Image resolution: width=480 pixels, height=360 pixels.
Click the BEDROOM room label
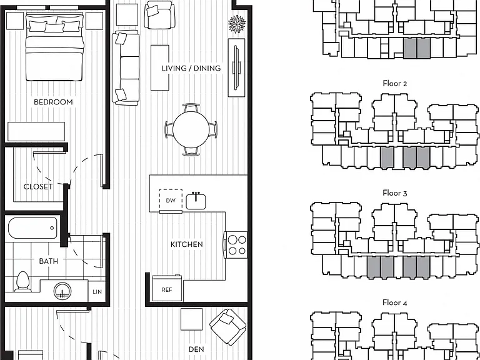(x=53, y=102)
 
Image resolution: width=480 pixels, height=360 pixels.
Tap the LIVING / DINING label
(x=191, y=68)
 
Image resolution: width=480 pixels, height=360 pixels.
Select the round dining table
(x=191, y=129)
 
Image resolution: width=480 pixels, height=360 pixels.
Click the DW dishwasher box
(x=171, y=201)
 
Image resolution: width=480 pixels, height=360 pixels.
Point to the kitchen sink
(x=196, y=201)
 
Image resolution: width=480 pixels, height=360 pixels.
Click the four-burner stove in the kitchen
(x=236, y=244)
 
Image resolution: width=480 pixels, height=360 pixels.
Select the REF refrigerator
(x=167, y=288)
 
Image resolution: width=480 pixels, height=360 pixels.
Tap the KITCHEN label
(x=187, y=244)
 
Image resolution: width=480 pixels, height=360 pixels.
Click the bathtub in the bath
(x=32, y=228)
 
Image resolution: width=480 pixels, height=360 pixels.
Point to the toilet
(x=22, y=282)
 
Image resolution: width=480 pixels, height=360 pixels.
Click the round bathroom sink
(x=62, y=291)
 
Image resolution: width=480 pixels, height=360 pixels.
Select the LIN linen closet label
(x=97, y=292)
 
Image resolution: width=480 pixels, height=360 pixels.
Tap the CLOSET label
(x=38, y=187)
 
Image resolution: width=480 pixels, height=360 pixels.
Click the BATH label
(x=48, y=261)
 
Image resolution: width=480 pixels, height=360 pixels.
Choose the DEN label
(x=196, y=349)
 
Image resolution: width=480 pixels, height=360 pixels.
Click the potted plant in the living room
(x=237, y=24)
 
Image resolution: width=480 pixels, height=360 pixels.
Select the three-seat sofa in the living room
(x=126, y=68)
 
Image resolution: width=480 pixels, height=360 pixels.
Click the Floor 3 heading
(x=395, y=193)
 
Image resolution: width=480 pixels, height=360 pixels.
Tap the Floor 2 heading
(x=395, y=84)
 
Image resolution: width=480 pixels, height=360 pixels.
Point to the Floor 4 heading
(x=395, y=302)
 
